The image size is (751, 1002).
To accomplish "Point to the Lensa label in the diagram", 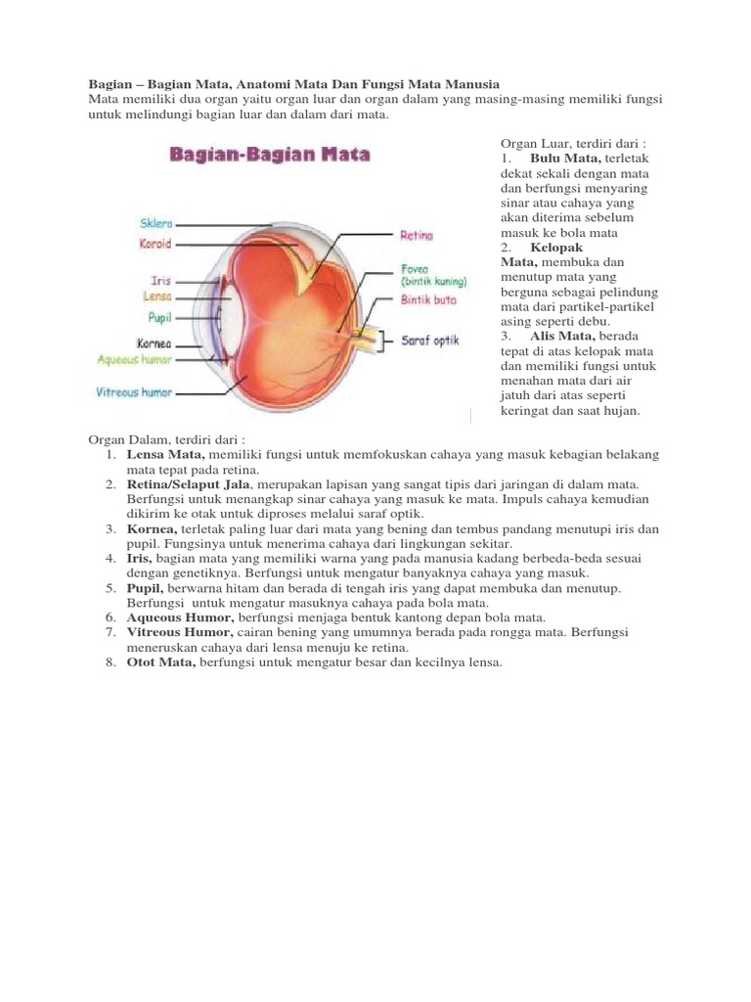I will pyautogui.click(x=156, y=296).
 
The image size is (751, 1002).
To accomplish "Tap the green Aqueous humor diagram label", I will pyautogui.click(x=135, y=360).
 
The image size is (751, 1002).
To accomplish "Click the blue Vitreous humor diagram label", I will pyautogui.click(x=134, y=392).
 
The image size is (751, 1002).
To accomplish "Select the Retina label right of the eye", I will pyautogui.click(x=417, y=236).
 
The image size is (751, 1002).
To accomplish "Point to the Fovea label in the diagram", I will pyautogui.click(x=416, y=268).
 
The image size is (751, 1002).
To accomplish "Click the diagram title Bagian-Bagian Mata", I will pyautogui.click(x=266, y=154).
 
